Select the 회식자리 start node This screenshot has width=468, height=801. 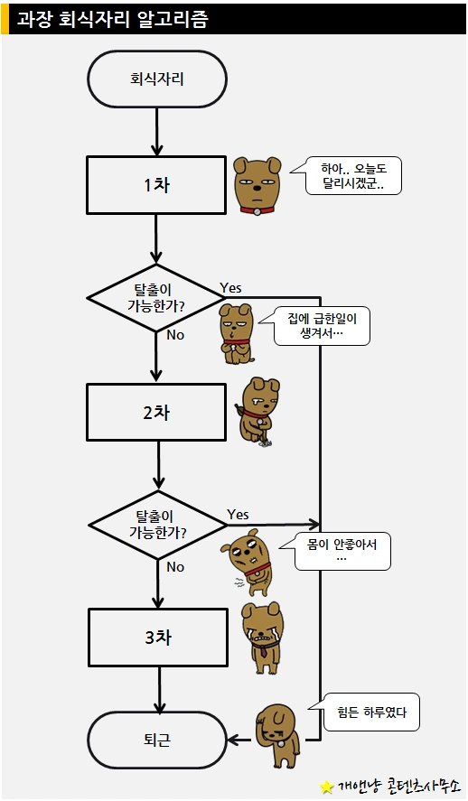pos(156,79)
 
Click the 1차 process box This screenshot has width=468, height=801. pos(156,185)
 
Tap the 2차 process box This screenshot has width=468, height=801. pos(156,413)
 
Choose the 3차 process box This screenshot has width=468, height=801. pos(157,638)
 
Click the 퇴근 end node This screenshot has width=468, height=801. pos(156,740)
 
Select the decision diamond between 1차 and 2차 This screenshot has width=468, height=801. pos(155,297)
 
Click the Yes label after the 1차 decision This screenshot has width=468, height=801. pos(230,287)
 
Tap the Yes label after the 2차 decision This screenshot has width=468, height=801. pos(238,514)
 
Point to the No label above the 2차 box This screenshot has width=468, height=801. pos(175,335)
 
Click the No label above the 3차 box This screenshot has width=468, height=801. pos(175,567)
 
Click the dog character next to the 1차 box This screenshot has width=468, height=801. pos(257,185)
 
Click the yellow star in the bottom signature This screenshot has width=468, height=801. pos(326,786)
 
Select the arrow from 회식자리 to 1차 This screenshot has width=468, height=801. pos(157,131)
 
